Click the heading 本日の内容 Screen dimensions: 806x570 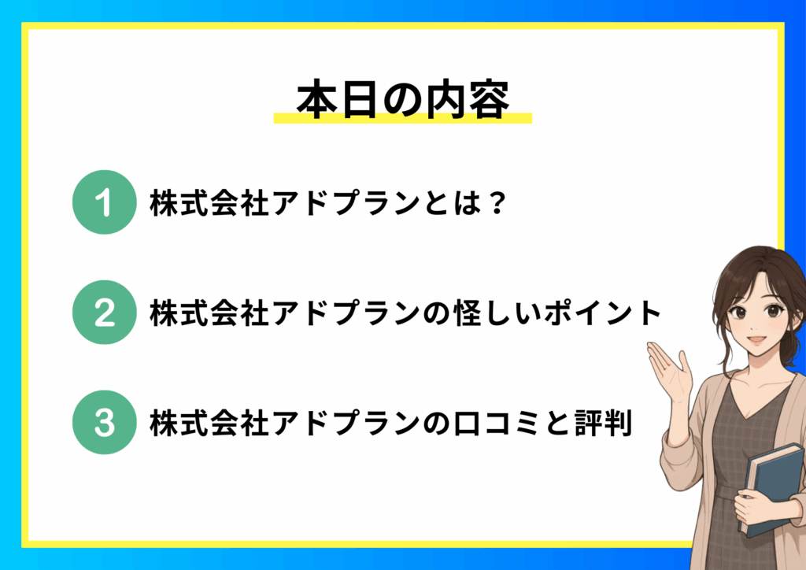click(403, 100)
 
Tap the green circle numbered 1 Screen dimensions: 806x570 click(105, 202)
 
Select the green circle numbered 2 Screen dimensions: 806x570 click(105, 313)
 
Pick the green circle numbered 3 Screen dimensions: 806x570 click(105, 423)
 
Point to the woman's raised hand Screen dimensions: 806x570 click(669, 370)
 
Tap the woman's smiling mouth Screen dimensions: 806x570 click(756, 340)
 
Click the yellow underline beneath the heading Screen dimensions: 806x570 click(402, 118)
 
